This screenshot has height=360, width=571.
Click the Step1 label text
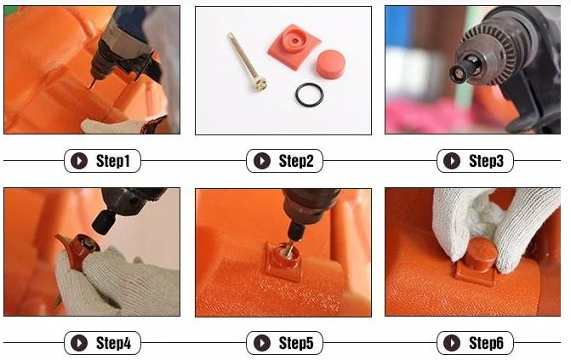click(113, 161)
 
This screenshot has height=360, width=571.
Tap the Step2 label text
click(296, 161)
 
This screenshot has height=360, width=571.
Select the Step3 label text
click(486, 161)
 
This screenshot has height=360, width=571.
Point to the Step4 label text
click(113, 343)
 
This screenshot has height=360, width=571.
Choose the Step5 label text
click(296, 343)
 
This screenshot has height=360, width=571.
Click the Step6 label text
click(486, 343)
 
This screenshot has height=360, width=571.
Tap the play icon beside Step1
click(79, 161)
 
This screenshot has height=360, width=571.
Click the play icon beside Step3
click(452, 161)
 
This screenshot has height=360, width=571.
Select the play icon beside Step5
click(262, 343)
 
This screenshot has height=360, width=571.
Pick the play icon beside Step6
click(452, 343)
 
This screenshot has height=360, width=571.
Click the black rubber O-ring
click(309, 88)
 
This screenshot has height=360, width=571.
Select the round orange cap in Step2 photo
click(330, 63)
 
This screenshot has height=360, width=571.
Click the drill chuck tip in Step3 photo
click(460, 73)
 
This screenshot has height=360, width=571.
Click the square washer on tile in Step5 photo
click(283, 260)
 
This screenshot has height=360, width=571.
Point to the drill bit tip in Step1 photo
click(91, 87)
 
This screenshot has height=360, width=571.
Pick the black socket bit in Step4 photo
click(105, 222)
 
